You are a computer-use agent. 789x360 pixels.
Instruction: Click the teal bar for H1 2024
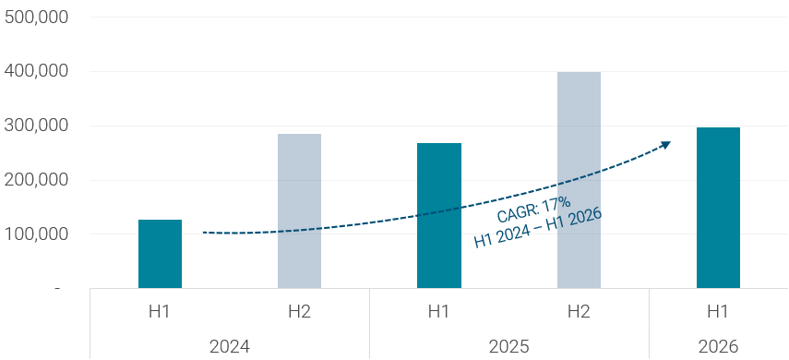(x=160, y=254)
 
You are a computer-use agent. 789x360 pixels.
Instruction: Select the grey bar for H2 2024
(x=299, y=211)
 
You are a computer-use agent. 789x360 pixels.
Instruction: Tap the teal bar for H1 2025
(x=439, y=215)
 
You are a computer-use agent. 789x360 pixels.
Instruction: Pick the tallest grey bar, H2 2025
(x=579, y=180)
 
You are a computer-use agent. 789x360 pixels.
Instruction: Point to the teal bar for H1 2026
(x=718, y=208)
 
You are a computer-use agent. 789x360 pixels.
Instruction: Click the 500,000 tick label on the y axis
(x=36, y=18)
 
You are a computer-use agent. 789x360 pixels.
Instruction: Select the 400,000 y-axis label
(x=36, y=72)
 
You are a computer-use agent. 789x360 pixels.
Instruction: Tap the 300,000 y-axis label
(x=36, y=126)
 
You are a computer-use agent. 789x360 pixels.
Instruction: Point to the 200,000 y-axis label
(x=36, y=180)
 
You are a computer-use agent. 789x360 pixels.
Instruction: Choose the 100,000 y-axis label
(x=36, y=234)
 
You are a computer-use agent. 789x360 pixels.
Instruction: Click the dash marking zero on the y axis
(x=57, y=289)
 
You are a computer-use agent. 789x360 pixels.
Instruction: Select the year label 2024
(x=230, y=347)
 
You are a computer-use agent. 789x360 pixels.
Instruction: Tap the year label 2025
(x=509, y=347)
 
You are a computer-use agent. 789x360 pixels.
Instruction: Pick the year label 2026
(x=718, y=347)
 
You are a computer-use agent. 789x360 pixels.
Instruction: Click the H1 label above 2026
(x=718, y=312)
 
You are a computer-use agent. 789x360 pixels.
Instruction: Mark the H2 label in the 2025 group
(x=579, y=312)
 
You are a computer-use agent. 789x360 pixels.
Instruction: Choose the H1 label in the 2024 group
(x=160, y=312)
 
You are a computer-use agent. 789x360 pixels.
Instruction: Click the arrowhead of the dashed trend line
(x=665, y=145)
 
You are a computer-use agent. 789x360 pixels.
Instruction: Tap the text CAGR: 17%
(x=534, y=210)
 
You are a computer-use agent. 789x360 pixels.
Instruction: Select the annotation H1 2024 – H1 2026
(x=538, y=228)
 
